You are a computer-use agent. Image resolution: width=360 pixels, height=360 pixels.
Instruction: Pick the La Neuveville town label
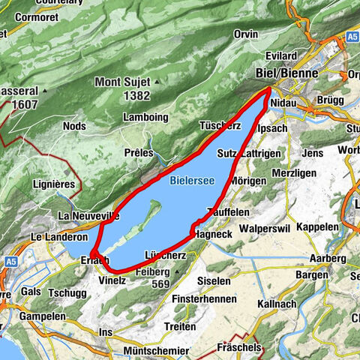88,217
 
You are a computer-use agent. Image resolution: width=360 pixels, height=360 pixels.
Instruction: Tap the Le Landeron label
55,235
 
